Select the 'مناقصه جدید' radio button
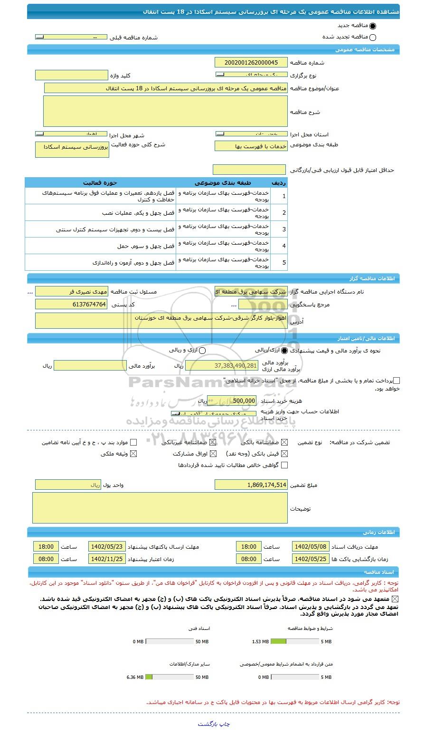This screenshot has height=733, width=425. [372, 27]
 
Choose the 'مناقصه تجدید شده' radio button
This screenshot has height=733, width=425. [372, 38]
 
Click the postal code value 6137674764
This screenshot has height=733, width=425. [71, 305]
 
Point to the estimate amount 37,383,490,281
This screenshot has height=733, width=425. [222, 366]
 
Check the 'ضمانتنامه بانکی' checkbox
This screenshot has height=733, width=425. [284, 442]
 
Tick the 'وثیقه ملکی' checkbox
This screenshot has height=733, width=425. [133, 454]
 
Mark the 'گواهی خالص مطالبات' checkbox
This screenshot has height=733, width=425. [284, 466]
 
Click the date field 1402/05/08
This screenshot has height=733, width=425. [310, 547]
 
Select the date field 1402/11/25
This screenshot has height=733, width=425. [107, 559]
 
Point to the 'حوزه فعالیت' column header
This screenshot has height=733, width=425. [100, 183]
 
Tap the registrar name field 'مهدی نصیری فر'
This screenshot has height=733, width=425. [71, 292]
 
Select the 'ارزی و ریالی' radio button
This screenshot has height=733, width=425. [202, 351]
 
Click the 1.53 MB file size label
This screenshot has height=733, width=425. [260, 642]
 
